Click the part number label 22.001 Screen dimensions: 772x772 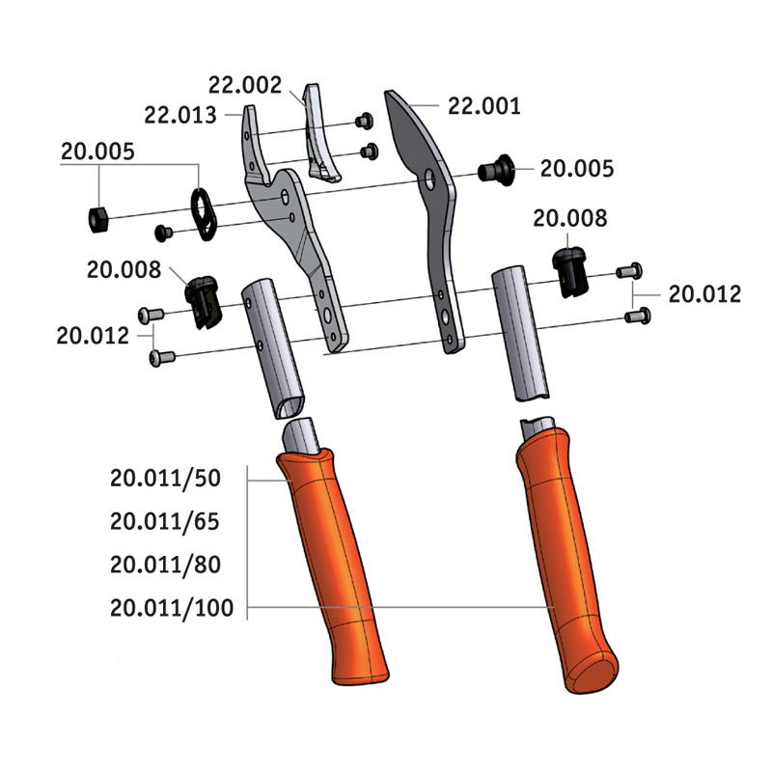(484, 106)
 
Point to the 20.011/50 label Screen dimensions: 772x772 (165, 478)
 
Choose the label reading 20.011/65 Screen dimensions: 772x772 (165, 521)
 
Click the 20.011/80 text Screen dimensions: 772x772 (165, 565)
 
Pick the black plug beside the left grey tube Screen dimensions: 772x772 (203, 298)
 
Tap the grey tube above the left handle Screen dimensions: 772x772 (270, 347)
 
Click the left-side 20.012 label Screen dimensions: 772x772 (93, 336)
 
